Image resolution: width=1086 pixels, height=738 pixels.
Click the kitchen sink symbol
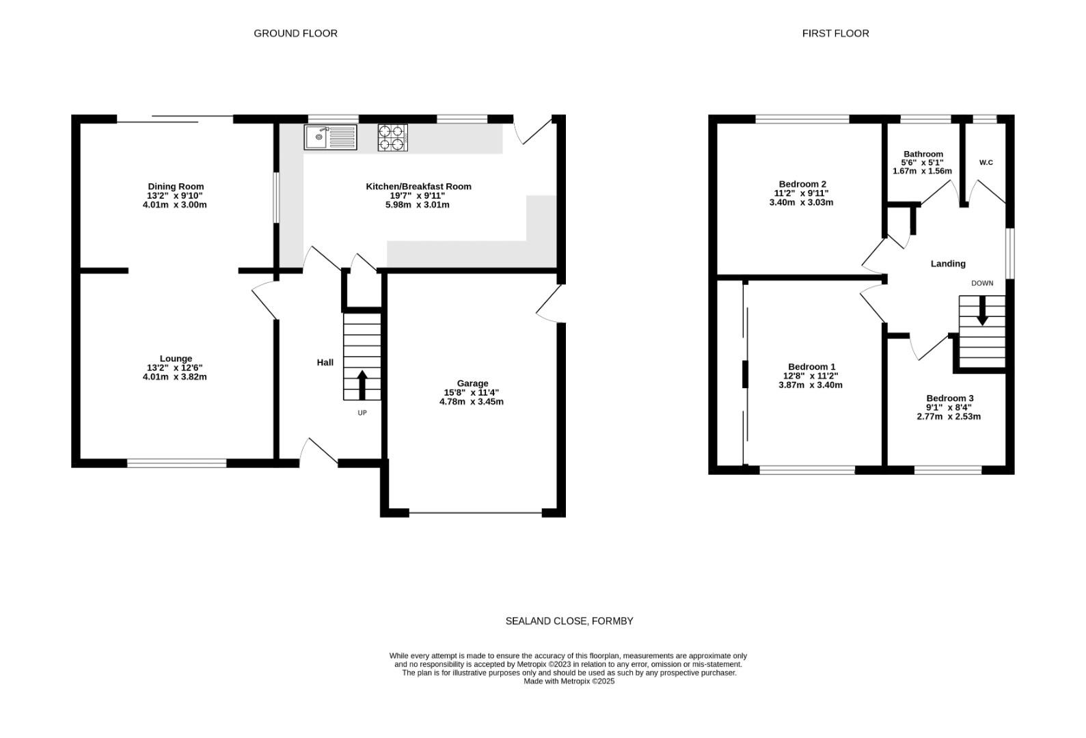331,137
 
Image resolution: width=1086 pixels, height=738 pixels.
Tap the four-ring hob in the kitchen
393,138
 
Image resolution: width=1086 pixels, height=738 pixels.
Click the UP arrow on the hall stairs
362,385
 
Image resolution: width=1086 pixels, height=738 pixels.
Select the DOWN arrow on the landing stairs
982,310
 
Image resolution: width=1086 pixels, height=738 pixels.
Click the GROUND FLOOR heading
296,33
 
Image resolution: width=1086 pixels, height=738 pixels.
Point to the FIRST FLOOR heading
835,33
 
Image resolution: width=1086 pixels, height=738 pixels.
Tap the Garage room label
472,383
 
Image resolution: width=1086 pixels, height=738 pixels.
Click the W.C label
986,163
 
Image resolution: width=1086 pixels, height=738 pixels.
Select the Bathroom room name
923,154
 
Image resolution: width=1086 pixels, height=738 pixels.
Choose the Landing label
948,264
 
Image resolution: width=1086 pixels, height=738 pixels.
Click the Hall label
325,362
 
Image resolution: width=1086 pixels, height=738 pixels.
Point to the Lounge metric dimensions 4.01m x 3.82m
174,377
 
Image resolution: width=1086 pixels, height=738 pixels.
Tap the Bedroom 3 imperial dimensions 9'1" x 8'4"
949,408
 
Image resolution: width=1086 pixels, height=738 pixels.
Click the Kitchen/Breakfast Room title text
418,187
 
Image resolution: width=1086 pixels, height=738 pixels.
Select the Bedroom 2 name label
802,184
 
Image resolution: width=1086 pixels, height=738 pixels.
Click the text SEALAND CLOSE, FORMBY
569,621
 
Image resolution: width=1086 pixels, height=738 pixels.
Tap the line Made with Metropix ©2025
569,681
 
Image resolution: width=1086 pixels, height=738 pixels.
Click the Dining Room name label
176,187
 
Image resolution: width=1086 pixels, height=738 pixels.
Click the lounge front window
177,463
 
